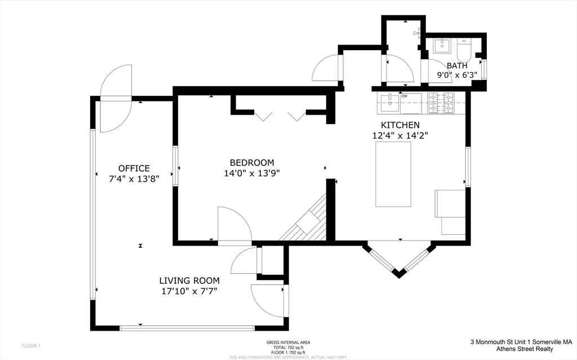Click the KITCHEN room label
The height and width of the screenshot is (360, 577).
pyautogui.click(x=400, y=125)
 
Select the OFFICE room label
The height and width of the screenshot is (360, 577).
pyautogui.click(x=134, y=168)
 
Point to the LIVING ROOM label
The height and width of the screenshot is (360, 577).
pyautogui.click(x=189, y=281)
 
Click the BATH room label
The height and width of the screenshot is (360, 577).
pyautogui.click(x=457, y=66)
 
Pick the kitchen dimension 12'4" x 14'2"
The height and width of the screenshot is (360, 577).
pyautogui.click(x=400, y=135)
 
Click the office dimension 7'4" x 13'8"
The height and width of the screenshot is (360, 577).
pyautogui.click(x=135, y=179)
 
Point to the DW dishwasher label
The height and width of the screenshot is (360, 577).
pyautogui.click(x=405, y=96)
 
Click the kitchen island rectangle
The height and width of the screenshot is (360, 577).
pyautogui.click(x=393, y=175)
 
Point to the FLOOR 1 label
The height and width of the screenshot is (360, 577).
pyautogui.click(x=31, y=345)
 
